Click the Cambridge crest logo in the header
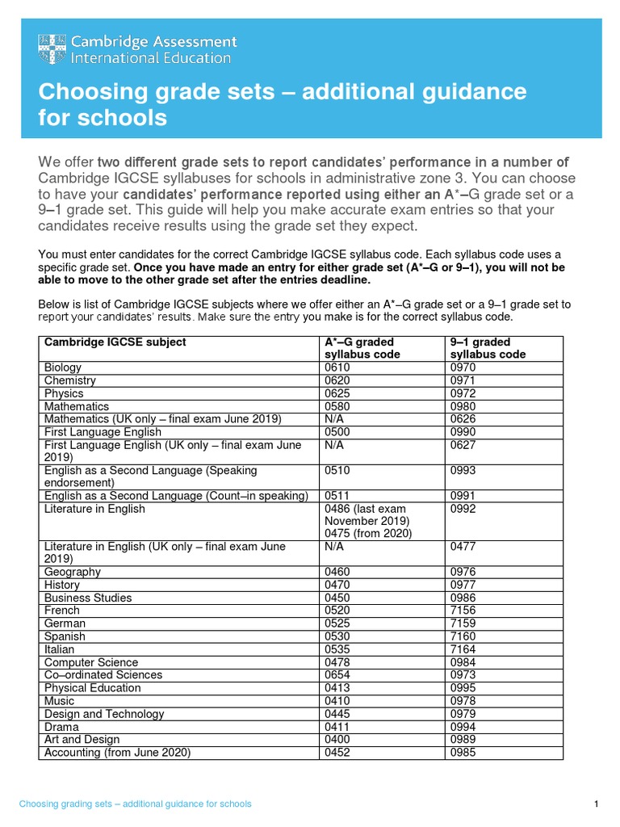tap(52, 49)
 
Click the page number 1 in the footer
tap(595, 804)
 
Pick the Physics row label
tap(64, 393)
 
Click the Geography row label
tap(73, 572)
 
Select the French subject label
tap(62, 611)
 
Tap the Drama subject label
tap(61, 727)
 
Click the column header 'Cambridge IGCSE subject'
tap(115, 342)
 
